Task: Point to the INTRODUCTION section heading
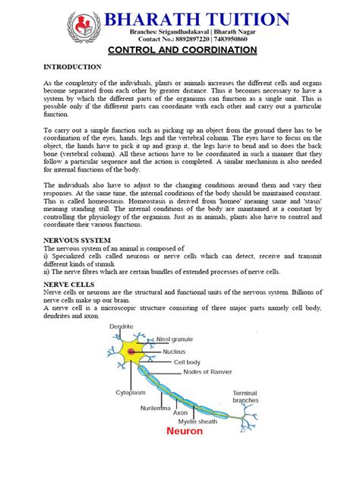point(71,67)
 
